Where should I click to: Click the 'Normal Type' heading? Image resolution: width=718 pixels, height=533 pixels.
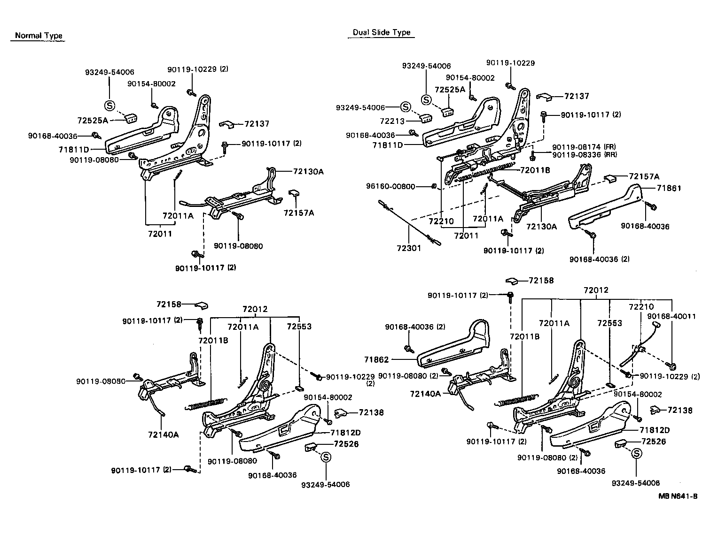[39, 36]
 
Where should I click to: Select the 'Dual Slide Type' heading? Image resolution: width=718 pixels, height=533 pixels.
[382, 32]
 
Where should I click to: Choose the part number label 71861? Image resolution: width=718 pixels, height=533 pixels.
[669, 188]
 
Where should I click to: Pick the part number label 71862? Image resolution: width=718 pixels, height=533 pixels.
[376, 360]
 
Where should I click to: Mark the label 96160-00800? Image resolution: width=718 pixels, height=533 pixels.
[390, 186]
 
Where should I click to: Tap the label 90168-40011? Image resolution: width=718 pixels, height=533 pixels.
[671, 317]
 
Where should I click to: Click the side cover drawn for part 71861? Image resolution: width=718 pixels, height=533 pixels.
[604, 209]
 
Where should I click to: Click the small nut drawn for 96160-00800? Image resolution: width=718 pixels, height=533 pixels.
[434, 187]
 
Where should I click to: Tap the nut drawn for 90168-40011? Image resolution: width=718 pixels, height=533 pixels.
[672, 365]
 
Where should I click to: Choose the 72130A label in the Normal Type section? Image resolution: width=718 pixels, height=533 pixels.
[308, 172]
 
